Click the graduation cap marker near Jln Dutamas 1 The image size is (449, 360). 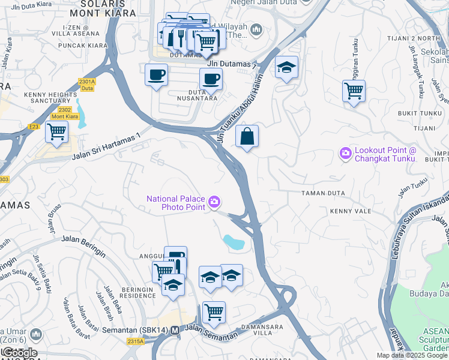pyautogui.click(x=286, y=68)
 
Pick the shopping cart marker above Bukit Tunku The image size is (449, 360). pyautogui.click(x=354, y=92)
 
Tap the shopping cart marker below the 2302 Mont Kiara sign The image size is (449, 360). pyautogui.click(x=56, y=131)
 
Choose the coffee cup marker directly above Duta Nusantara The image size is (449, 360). pyautogui.click(x=211, y=79)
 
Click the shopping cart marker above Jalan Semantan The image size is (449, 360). pyautogui.click(x=214, y=312)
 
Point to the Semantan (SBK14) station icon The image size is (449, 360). pyautogui.click(x=175, y=331)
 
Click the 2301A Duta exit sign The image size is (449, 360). pyautogui.click(x=87, y=84)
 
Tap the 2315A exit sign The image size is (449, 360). pyautogui.click(x=136, y=341)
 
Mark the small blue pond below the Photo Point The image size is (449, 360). pyautogui.click(x=234, y=242)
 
